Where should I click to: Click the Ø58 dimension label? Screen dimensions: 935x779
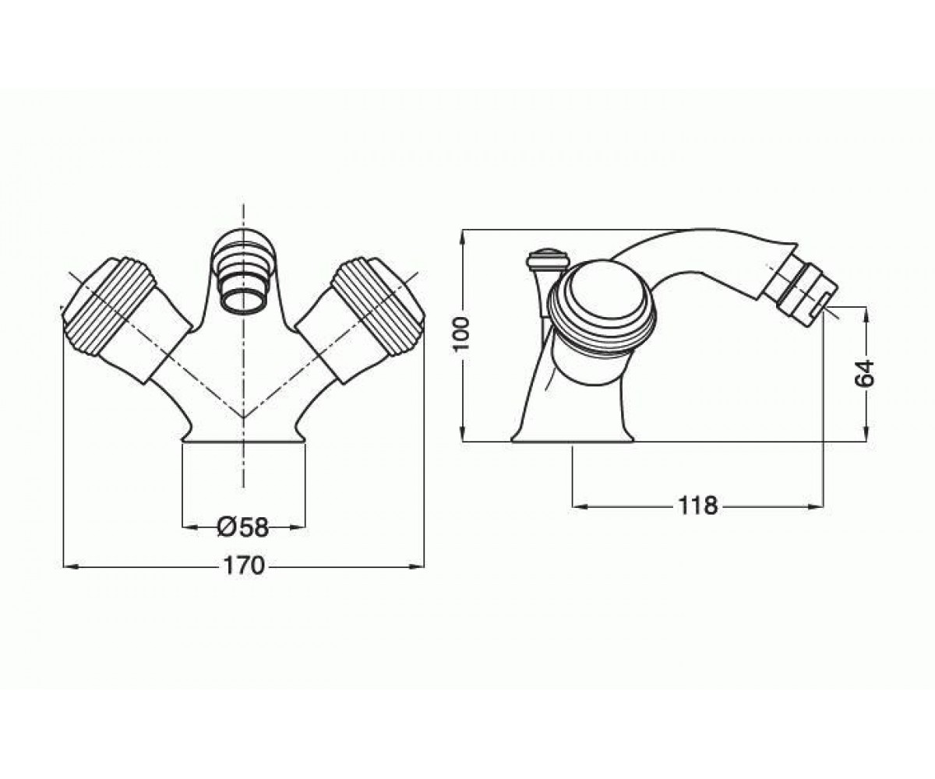coord(242,527)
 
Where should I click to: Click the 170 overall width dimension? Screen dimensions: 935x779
coord(244,566)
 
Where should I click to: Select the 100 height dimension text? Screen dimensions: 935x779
coord(462,334)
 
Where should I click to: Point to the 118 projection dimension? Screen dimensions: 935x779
coord(698,506)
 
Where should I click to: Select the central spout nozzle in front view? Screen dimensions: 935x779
coord(243,274)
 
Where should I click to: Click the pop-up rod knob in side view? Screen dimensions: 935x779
coord(548,260)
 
